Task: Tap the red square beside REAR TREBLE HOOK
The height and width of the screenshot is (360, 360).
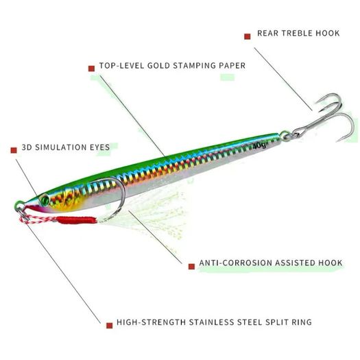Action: tap(248, 36)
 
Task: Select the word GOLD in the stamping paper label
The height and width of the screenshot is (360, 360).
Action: tap(159, 66)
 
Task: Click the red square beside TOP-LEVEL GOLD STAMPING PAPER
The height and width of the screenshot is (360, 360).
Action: tap(91, 69)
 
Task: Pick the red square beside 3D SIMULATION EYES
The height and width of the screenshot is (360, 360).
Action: tap(14, 150)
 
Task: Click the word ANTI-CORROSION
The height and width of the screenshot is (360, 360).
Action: tap(236, 263)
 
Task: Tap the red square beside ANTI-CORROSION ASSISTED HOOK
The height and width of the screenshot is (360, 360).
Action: tap(191, 266)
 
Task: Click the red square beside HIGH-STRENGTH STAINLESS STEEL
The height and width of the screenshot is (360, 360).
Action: tap(110, 325)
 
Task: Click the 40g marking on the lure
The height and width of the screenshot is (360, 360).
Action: tap(259, 145)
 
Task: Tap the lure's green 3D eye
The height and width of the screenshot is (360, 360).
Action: tap(45, 200)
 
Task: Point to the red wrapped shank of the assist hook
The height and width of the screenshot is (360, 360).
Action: tap(76, 220)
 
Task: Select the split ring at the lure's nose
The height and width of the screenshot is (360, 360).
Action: tap(23, 213)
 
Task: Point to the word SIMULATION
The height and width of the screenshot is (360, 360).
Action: tap(60, 147)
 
